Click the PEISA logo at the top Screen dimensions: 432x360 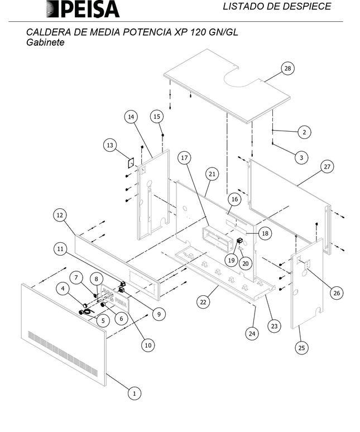pyautogui.click(x=83, y=9)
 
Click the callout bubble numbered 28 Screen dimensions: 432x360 pyautogui.click(x=287, y=69)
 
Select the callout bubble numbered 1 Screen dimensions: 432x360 pyautogui.click(x=133, y=393)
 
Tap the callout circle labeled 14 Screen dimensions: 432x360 pyautogui.click(x=131, y=117)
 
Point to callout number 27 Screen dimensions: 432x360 pyautogui.click(x=328, y=167)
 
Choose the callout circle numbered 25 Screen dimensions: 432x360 pyautogui.click(x=301, y=348)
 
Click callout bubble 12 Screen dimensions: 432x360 pyautogui.click(x=61, y=215)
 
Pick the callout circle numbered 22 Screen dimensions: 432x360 pyautogui.click(x=204, y=301)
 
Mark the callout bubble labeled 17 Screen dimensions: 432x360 pyautogui.click(x=185, y=159)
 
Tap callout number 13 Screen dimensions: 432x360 pyautogui.click(x=110, y=145)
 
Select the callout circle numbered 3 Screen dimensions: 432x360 pyautogui.click(x=301, y=158)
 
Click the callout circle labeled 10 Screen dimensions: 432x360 pyautogui.click(x=148, y=345)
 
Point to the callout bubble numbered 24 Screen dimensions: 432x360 pyautogui.click(x=252, y=334)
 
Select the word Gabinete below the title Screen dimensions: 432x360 pyautogui.click(x=46, y=42)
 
